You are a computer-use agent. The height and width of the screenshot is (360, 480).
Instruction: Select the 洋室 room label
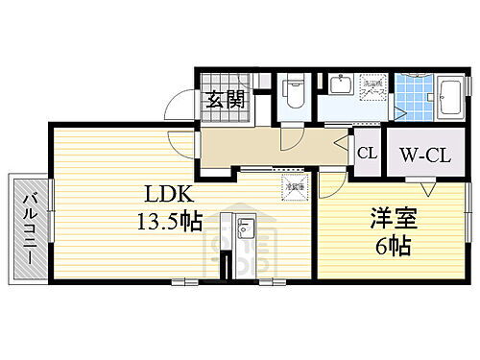pos(387,219)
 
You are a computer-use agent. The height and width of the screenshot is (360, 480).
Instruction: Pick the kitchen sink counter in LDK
pos(244,231)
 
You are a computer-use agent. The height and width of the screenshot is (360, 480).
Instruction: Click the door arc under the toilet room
pos(289,140)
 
